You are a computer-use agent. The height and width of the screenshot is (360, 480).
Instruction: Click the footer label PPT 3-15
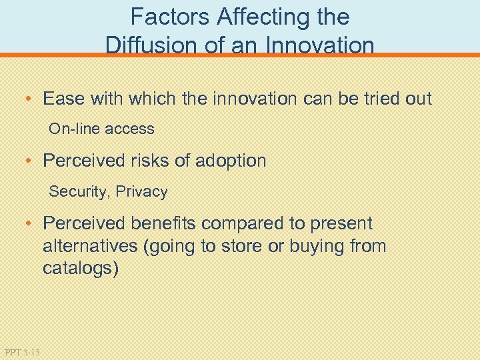click(22, 351)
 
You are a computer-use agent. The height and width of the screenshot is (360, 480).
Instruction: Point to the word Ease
click(63, 99)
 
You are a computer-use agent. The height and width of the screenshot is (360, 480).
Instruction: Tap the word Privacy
click(141, 192)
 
